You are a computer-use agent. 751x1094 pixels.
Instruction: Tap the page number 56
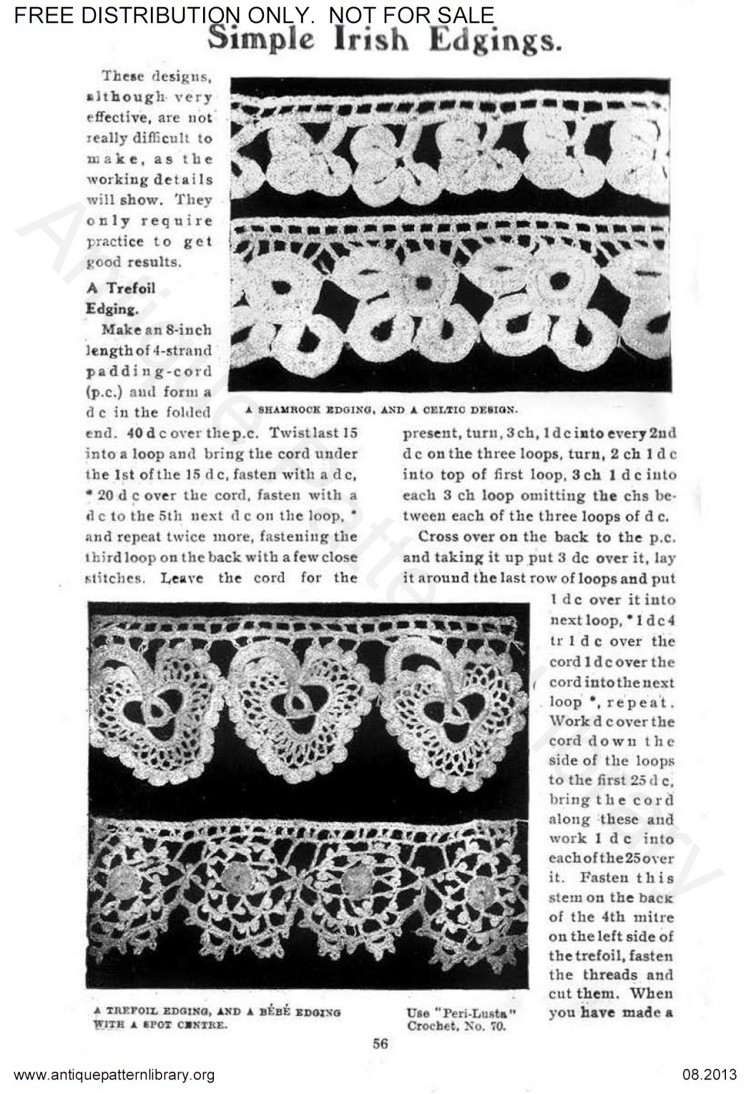pos(380,1043)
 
